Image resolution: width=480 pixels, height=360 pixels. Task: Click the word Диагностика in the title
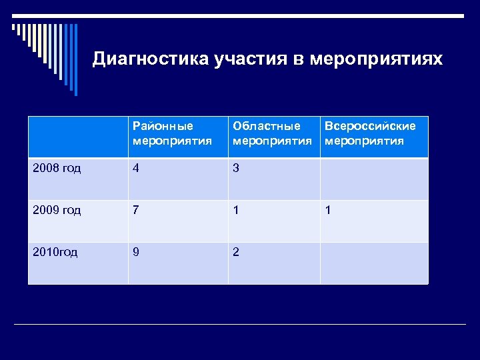click(151, 59)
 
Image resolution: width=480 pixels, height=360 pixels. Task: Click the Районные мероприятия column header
click(172, 133)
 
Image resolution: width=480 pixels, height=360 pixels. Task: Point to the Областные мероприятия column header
click(273, 133)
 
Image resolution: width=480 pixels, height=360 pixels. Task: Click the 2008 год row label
click(57, 169)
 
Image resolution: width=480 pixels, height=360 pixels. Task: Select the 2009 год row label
click(57, 211)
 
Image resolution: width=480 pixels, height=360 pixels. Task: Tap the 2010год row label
click(55, 253)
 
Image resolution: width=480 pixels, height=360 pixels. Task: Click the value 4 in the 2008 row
click(136, 169)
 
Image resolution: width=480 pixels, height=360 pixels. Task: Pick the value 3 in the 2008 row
click(235, 169)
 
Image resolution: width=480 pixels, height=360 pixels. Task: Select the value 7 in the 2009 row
click(136, 211)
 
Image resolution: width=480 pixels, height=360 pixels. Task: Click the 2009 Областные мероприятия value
click(235, 211)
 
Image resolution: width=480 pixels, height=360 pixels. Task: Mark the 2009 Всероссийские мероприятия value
click(327, 211)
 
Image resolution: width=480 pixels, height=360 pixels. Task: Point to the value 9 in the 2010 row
click(136, 253)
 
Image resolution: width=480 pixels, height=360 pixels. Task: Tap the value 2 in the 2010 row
click(235, 253)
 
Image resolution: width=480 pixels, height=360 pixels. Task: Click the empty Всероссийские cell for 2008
click(373, 179)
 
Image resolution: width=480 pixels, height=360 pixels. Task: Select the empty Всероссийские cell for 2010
click(373, 263)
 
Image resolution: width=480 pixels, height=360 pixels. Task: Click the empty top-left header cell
click(77, 137)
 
